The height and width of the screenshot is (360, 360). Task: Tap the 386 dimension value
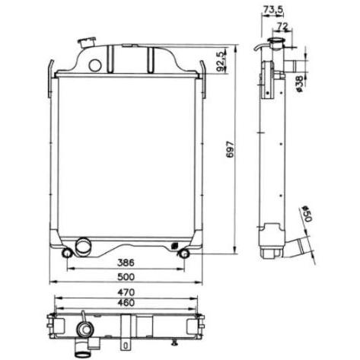(x=126, y=263)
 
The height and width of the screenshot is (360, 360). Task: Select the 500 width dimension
(x=126, y=277)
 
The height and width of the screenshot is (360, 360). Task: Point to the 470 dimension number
(x=126, y=292)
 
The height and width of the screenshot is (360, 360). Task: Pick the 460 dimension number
(x=126, y=302)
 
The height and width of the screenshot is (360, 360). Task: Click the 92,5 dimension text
(x=221, y=61)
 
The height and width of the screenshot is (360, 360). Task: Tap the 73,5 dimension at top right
(x=272, y=9)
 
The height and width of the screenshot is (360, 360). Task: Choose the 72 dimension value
(x=282, y=26)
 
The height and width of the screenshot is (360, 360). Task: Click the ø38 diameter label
(x=299, y=84)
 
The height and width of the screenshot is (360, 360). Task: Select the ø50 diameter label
(x=307, y=214)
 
